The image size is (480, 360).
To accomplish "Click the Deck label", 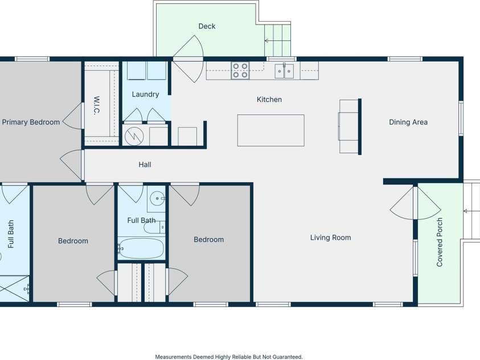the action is pos(207,26).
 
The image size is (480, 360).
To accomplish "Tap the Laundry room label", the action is pos(145,95).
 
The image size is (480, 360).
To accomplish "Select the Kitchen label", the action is pos(269,100).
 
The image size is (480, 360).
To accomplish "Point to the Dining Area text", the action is pos(408,122).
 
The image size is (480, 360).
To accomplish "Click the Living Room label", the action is pos(331,238).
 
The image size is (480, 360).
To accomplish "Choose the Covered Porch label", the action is pos(440,242).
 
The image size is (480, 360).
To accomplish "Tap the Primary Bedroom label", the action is pos(31,122).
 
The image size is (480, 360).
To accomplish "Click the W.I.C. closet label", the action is pos(96,105).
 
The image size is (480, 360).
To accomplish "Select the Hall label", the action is pos(145,165).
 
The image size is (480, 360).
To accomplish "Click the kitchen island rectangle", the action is pos(271,130).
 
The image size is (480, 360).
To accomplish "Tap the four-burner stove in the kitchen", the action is pos(240,71).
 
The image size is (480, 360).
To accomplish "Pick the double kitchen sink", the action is pos(284,71).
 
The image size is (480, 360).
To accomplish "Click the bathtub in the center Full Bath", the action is pos(141,248).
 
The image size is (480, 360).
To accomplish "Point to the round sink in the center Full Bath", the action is pos(157,199).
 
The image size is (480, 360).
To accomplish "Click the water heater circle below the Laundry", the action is pos(134,136).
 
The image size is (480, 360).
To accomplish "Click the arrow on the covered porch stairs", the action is pos(471,211).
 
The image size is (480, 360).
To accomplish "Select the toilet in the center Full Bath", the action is pos(155,227).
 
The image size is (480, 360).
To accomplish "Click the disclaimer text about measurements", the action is pos(229,357).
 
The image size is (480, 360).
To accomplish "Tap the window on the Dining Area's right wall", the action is pos(461,118).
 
